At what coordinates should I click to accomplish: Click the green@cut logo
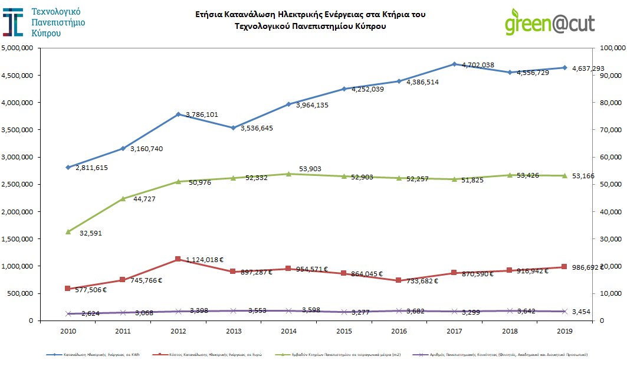coord(549,23)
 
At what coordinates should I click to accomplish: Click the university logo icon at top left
coord(14,22)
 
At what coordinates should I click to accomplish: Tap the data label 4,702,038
coord(478,64)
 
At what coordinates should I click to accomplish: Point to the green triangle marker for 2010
coord(68,231)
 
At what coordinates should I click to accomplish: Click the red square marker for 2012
coord(178,259)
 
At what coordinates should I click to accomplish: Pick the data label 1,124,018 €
coord(204,259)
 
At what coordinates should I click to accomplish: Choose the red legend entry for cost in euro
coord(209,355)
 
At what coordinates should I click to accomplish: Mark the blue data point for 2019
coord(564,68)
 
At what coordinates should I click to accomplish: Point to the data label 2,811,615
coord(91,168)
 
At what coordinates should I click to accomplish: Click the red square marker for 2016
coord(399,280)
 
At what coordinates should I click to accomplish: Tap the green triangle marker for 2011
coord(123,199)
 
